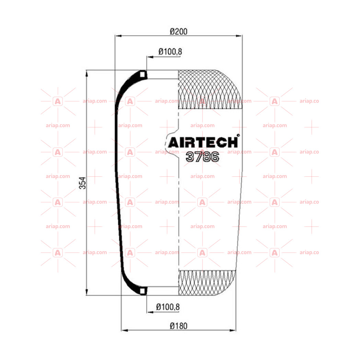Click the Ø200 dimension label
tap(178, 31)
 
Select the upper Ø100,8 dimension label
tap(170, 52)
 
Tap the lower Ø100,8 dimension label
tap(168, 307)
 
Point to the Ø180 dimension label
tap(178, 326)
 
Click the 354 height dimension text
tap(82, 183)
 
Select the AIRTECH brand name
tap(203, 142)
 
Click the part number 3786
tap(202, 157)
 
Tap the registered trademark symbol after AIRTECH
tap(238, 136)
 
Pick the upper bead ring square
tap(142, 74)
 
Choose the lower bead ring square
tap(142, 291)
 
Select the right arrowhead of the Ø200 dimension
tap(239, 36)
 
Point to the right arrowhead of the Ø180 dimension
tap(233, 330)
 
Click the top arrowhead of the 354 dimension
tap(86, 74)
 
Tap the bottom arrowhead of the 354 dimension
tap(86, 292)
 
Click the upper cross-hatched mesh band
tap(210, 90)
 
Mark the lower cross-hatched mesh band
tap(207, 283)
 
